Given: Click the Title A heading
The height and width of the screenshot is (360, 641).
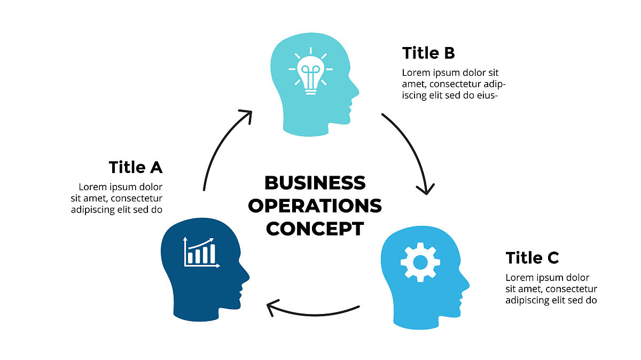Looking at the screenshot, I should (x=136, y=167).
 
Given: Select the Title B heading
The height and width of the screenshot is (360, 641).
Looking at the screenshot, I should (x=428, y=53).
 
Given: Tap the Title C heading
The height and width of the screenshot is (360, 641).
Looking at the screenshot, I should (x=532, y=258).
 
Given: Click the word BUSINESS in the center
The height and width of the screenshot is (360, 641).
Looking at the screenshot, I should (x=315, y=183).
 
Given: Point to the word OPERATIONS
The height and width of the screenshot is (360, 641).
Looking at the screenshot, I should (x=315, y=206).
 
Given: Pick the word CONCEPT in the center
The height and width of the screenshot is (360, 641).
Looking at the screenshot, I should (x=315, y=229).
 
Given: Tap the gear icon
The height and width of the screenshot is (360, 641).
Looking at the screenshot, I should (x=420, y=262).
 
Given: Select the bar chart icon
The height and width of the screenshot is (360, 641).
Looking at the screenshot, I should (x=201, y=253).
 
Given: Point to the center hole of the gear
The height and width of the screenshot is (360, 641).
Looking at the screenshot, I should (x=420, y=262).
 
